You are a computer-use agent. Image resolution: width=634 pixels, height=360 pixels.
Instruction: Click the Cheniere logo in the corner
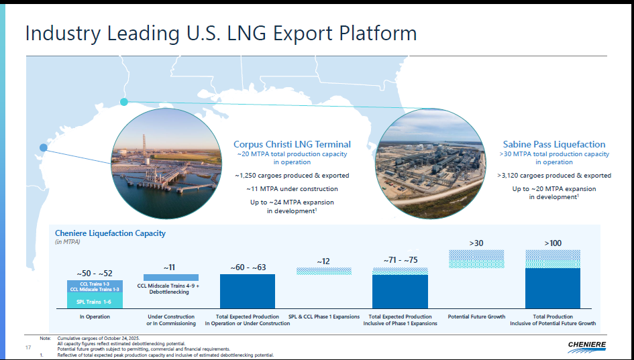pyautogui.click(x=586, y=347)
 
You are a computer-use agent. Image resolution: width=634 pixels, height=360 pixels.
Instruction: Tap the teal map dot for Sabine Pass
pyautogui.click(x=124, y=102)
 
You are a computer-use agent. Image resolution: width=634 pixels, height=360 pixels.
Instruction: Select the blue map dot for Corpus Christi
pyautogui.click(x=43, y=147)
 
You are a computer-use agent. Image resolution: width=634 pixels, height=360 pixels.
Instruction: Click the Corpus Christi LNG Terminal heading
pyautogui.click(x=292, y=144)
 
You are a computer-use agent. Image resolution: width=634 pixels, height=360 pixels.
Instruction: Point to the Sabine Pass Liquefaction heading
pyautogui.click(x=554, y=144)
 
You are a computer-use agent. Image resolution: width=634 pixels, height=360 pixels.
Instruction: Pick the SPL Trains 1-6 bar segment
pyautogui.click(x=95, y=300)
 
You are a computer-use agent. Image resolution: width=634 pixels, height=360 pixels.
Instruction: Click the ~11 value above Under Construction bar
pyautogui.click(x=170, y=267)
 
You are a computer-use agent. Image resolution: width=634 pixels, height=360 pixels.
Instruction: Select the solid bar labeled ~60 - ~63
pyautogui.click(x=248, y=292)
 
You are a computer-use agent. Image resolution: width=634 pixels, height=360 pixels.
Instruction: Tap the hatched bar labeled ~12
pyautogui.click(x=324, y=271)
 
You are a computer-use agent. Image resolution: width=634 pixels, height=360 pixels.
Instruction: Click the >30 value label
pyautogui.click(x=476, y=243)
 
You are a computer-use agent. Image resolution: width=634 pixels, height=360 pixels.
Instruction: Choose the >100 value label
pyautogui.click(x=553, y=243)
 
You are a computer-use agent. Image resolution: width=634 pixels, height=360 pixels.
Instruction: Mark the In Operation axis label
pyautogui.click(x=95, y=317)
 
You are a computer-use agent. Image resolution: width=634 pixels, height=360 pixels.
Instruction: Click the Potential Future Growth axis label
pyautogui.click(x=476, y=317)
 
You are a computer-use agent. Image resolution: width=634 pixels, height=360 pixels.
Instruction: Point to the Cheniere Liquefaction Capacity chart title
pyautogui.click(x=110, y=233)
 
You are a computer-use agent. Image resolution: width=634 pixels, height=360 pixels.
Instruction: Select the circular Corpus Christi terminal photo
pyautogui.click(x=166, y=163)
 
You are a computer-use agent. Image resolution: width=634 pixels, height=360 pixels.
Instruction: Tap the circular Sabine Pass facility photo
pyautogui.click(x=430, y=164)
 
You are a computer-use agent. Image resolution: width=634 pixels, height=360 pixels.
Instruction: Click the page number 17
pyautogui.click(x=28, y=347)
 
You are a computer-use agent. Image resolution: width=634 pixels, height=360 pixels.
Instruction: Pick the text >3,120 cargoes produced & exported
pyautogui.click(x=554, y=176)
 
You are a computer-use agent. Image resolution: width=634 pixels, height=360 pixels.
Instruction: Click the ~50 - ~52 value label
pyautogui.click(x=95, y=274)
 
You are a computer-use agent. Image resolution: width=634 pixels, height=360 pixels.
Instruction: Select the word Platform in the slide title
pyautogui.click(x=378, y=33)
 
